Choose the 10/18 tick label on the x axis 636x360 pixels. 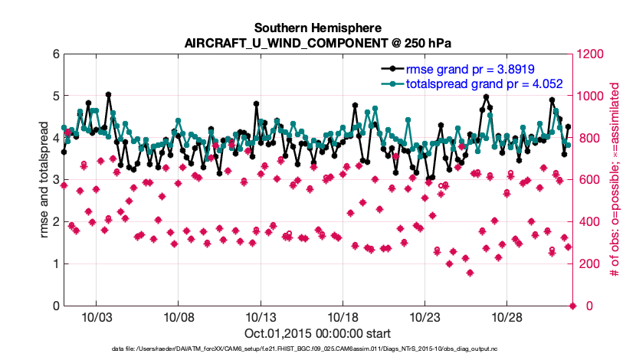click(342, 317)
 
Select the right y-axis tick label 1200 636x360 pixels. click(591, 54)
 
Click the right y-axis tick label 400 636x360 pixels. click(588, 222)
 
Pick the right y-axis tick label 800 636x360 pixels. click(588, 139)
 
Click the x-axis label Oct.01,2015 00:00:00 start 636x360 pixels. click(318, 333)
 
